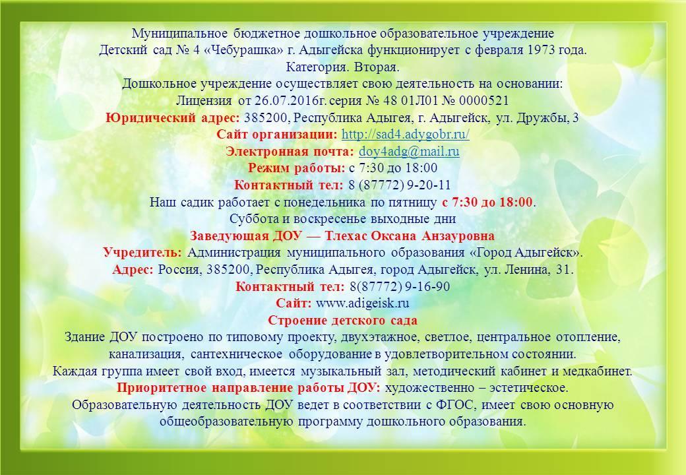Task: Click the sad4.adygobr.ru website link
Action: (x=405, y=135)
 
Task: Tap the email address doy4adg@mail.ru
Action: (x=409, y=151)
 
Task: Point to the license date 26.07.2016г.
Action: (x=290, y=100)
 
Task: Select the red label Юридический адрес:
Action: (x=173, y=117)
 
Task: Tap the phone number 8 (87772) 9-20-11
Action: (x=399, y=185)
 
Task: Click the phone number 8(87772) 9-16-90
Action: (x=400, y=286)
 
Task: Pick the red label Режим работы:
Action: (x=297, y=168)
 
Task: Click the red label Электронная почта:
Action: (x=290, y=151)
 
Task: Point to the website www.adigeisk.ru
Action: (x=362, y=303)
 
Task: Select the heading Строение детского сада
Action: (x=342, y=320)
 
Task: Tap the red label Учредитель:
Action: (x=142, y=253)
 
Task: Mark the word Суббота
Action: (x=250, y=218)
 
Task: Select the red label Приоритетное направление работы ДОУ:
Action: (x=249, y=387)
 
